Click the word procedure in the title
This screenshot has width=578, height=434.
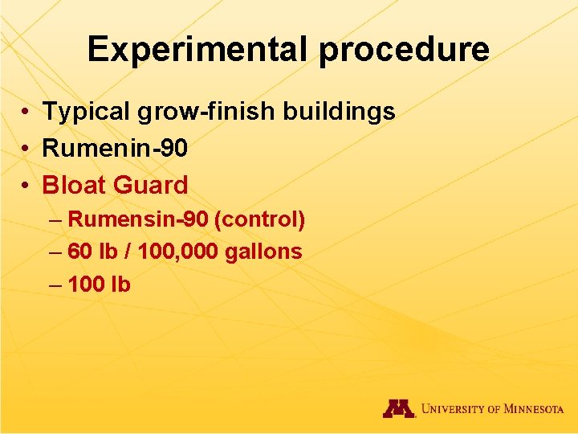point(404,49)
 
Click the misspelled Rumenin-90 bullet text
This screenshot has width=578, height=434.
point(115,148)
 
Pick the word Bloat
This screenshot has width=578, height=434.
point(75,185)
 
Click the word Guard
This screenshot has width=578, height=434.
point(151,185)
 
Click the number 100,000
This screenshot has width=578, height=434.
point(177,252)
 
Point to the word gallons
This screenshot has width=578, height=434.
point(263,252)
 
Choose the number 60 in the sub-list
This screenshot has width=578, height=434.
point(79,252)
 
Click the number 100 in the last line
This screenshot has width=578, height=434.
point(86,284)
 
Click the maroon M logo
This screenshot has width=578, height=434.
point(398,408)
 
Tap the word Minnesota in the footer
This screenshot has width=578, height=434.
point(534,409)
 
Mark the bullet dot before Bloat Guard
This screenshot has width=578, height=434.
point(26,186)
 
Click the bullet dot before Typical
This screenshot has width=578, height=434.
point(26,113)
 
